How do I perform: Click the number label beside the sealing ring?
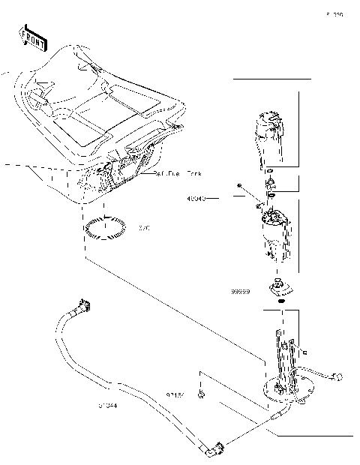tap(145, 228)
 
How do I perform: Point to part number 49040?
tap(196, 199)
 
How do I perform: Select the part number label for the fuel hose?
tap(106, 406)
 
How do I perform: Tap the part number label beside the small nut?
tap(175, 392)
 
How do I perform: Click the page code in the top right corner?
tap(334, 14)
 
